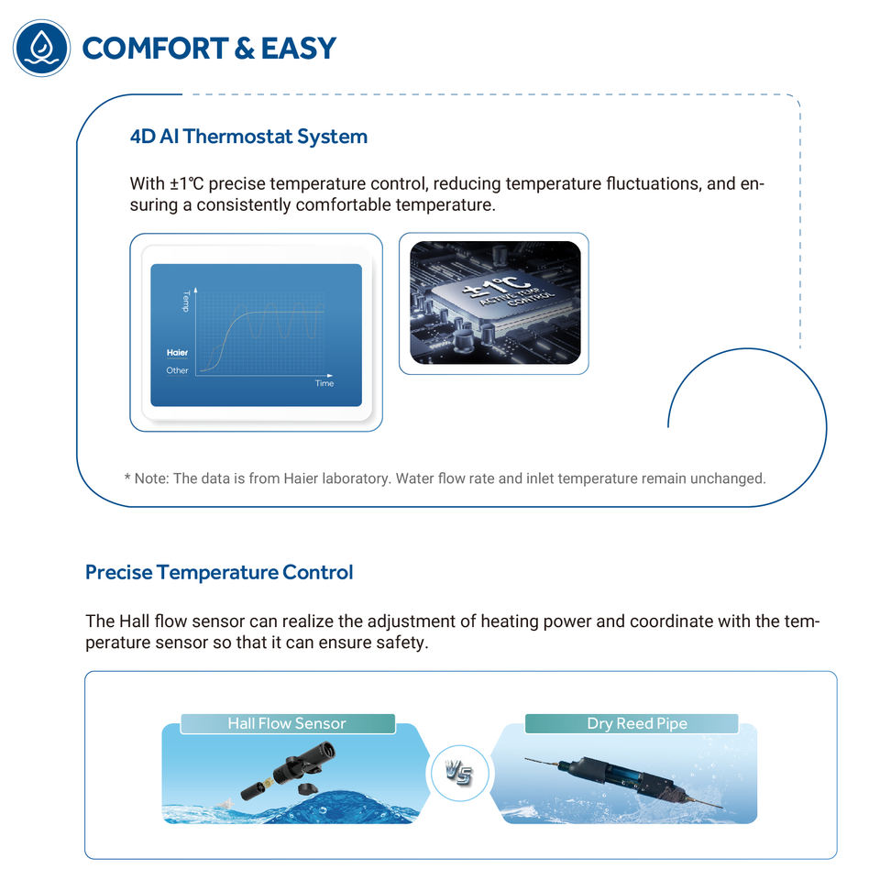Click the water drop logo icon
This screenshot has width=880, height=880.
tap(41, 48)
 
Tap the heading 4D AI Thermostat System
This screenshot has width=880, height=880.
tap(248, 137)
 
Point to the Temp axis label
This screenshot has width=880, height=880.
tap(186, 302)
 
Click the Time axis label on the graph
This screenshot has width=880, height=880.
tap(324, 383)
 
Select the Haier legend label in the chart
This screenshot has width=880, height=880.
tap(177, 353)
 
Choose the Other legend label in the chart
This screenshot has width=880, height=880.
tap(177, 370)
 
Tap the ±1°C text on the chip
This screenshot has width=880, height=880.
tap(496, 285)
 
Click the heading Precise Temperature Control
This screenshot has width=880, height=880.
tap(219, 572)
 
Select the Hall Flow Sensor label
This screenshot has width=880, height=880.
tap(287, 723)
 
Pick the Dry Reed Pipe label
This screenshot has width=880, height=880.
tap(637, 723)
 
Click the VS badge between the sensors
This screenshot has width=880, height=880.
tap(458, 773)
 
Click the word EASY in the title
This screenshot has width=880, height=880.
tap(299, 48)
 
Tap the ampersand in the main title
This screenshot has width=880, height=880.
tap(244, 48)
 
